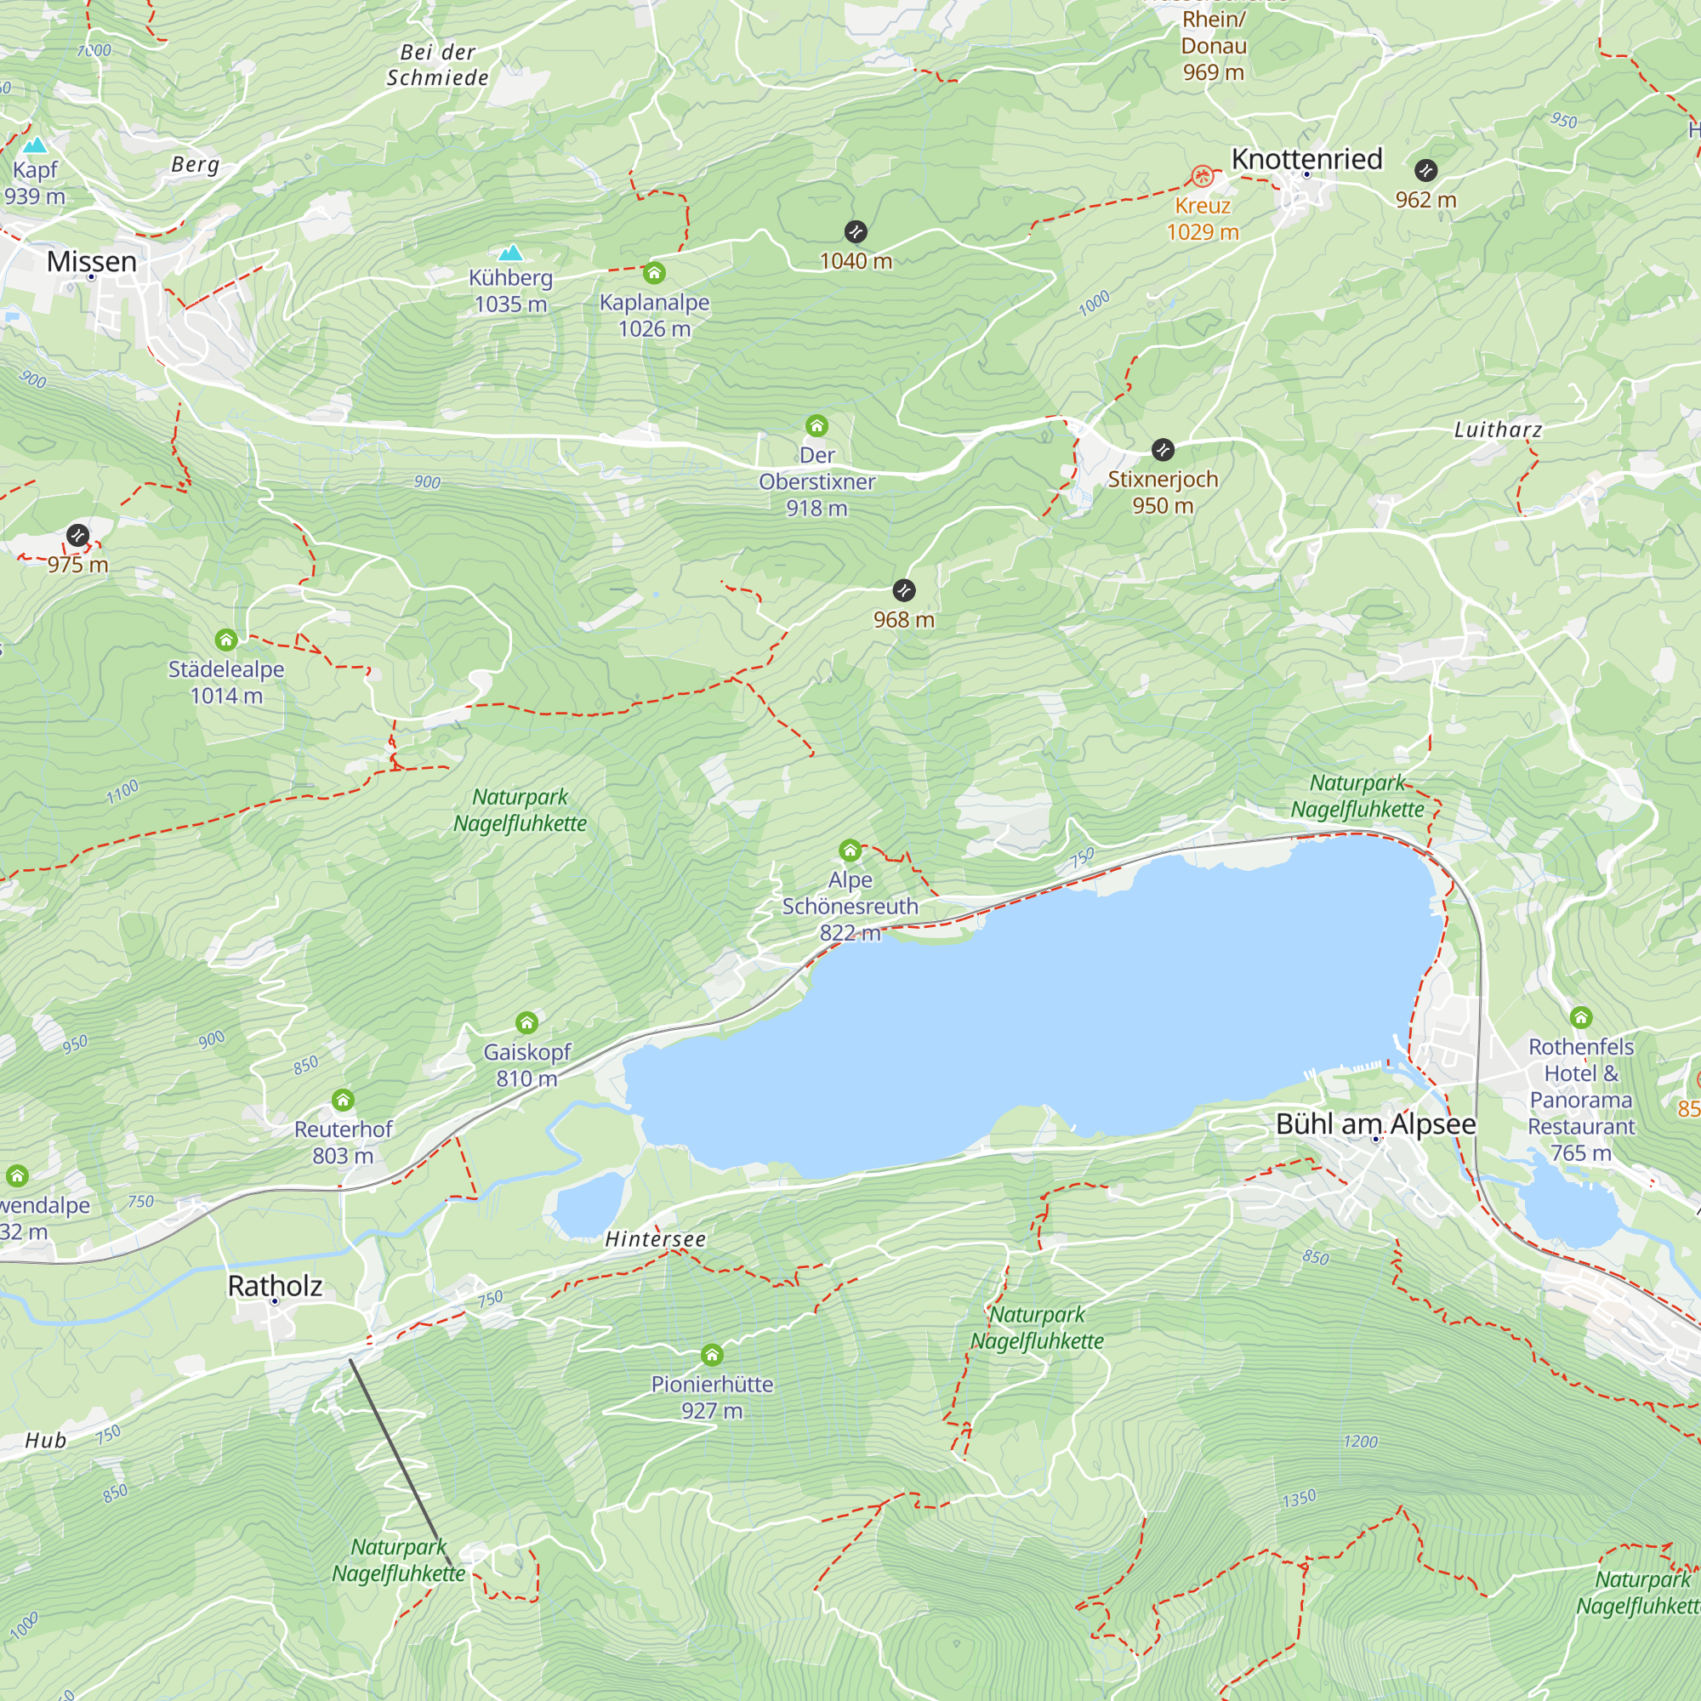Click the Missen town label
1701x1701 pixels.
click(x=92, y=261)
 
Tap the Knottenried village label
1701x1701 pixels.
click(x=1306, y=159)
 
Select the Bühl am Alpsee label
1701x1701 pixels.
click(x=1375, y=1124)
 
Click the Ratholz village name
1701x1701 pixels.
click(x=275, y=1286)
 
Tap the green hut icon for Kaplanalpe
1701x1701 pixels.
click(x=654, y=273)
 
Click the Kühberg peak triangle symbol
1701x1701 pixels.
click(x=510, y=253)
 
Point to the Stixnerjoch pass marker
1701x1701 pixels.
click(x=1162, y=450)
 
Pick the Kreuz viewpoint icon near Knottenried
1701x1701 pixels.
click(x=1202, y=176)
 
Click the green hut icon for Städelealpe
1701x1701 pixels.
click(x=226, y=640)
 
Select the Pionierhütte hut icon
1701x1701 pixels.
click(x=712, y=1355)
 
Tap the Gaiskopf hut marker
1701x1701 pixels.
click(x=526, y=1023)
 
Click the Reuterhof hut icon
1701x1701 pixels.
click(x=344, y=1101)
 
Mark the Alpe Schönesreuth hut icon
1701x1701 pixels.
click(x=850, y=850)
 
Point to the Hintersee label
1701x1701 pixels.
click(x=655, y=1240)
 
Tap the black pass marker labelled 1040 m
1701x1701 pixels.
click(x=856, y=231)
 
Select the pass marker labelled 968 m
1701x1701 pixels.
click(x=903, y=590)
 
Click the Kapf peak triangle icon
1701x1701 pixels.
click(x=35, y=145)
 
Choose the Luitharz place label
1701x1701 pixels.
click(x=1498, y=430)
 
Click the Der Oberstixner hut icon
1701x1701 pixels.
click(x=816, y=426)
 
